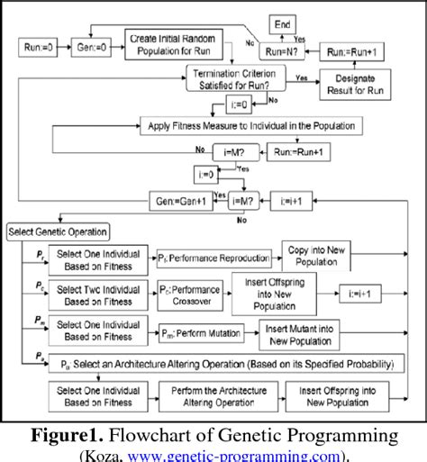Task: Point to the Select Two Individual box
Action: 94,294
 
